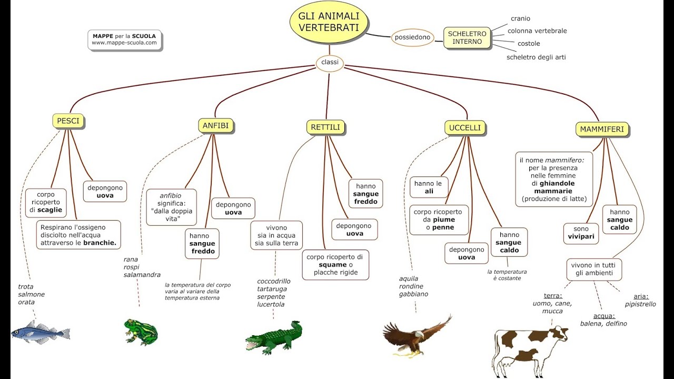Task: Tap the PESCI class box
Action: [68, 121]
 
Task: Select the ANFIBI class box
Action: [216, 125]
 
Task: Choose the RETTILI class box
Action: [326, 127]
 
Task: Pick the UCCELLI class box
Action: [465, 127]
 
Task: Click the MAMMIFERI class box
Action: [602, 129]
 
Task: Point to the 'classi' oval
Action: [330, 63]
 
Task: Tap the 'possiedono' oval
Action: [412, 37]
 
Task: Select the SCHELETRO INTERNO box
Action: [467, 38]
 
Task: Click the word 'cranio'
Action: [520, 19]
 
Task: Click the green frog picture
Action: [141, 332]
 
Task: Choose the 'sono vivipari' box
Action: [581, 233]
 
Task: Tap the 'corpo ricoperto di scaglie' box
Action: [46, 202]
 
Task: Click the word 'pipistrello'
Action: [640, 304]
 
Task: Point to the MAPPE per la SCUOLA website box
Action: [124, 39]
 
